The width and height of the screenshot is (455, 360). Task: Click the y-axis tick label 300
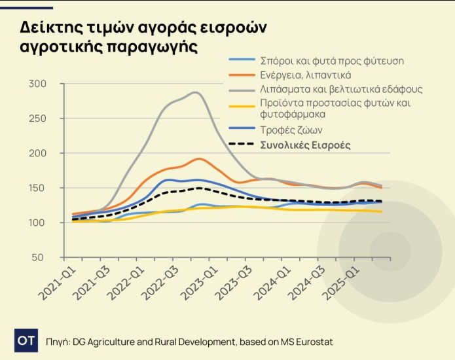coord(38,84)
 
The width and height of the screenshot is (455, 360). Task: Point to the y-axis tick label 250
coord(38,118)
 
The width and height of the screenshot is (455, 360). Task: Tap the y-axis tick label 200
coord(38,153)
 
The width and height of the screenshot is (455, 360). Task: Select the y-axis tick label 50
coord(41,257)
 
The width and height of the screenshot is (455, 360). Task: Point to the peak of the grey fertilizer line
coord(194,93)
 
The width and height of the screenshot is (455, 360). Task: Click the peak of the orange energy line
coord(199,158)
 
